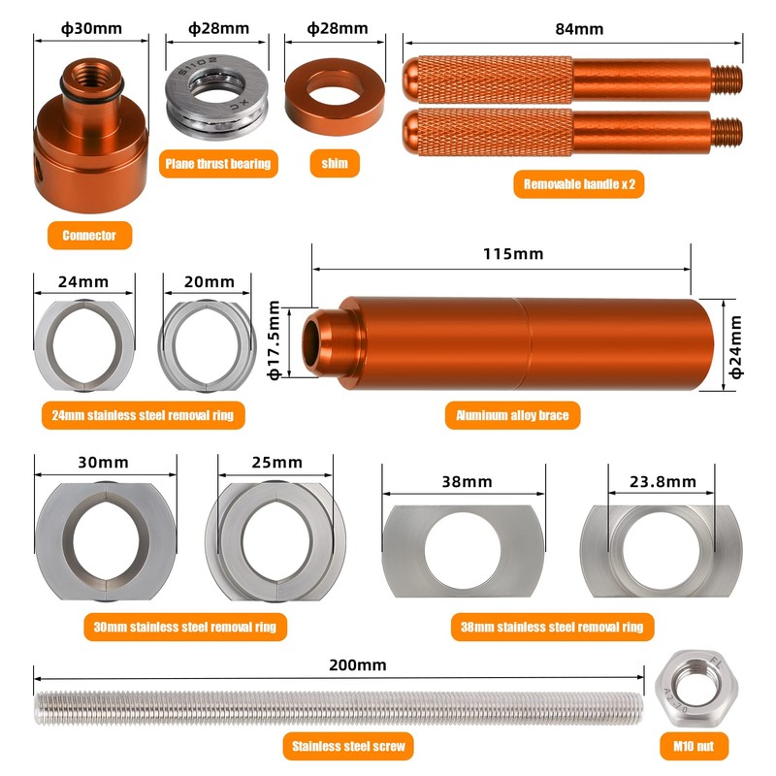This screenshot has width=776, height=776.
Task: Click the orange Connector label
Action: [89, 235]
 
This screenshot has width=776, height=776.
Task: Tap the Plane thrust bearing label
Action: [217, 163]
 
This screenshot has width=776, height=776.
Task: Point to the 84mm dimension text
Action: [579, 29]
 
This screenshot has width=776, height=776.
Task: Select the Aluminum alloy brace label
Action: [518, 416]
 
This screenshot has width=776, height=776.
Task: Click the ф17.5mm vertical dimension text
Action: [275, 340]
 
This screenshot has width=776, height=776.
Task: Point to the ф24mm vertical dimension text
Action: [734, 344]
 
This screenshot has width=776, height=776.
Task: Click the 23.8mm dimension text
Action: [662, 481]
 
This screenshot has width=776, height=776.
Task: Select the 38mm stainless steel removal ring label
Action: [552, 627]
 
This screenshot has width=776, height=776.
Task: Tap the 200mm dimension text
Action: [358, 664]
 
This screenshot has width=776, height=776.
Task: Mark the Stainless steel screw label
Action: [348, 746]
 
